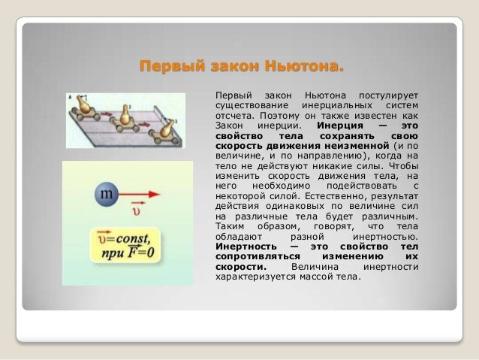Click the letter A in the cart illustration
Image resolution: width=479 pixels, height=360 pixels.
70,98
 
